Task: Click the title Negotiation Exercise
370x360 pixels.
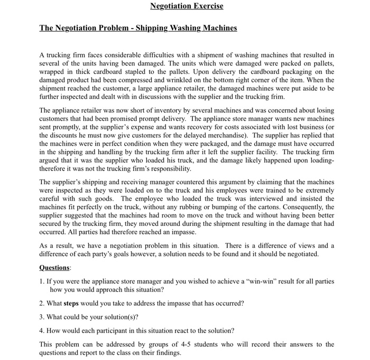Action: tap(187, 6)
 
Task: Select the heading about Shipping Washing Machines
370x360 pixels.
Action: tap(138, 28)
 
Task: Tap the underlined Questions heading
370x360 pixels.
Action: tap(54, 268)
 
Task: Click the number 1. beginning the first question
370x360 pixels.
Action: tap(42, 281)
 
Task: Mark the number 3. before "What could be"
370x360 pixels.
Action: tap(42, 317)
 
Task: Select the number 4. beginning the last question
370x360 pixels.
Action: tap(42, 331)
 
